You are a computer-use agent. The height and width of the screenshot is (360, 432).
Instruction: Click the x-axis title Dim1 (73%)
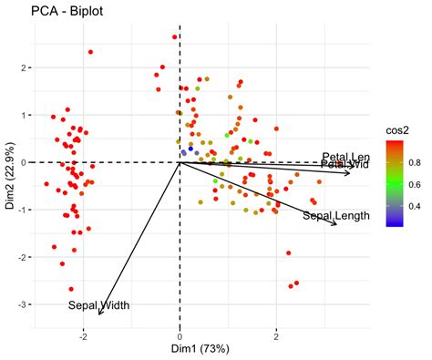click(179, 347)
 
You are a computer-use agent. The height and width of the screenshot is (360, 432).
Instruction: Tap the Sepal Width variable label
click(98, 304)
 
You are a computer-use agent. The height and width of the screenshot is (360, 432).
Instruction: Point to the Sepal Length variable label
click(335, 216)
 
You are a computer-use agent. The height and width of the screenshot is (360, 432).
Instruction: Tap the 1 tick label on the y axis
click(27, 115)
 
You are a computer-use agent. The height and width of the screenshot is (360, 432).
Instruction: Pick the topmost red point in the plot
click(175, 37)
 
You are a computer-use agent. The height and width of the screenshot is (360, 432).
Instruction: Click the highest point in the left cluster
click(90, 52)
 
